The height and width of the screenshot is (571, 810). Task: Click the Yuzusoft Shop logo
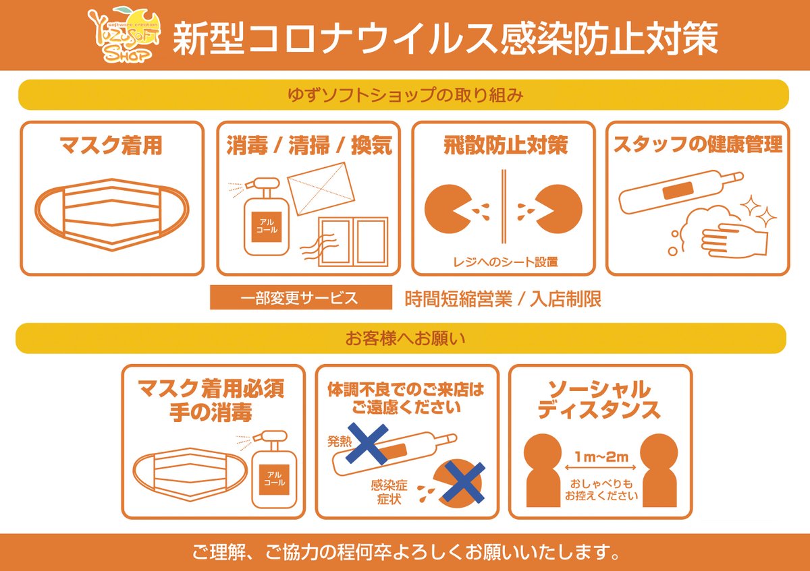pos(124,35)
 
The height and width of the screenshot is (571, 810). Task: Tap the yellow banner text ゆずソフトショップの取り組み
pos(406,95)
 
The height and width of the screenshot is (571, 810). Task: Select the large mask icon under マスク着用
pos(112,214)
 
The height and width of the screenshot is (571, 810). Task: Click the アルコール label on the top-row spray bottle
pos(267,226)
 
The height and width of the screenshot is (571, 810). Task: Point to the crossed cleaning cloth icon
pos(321,189)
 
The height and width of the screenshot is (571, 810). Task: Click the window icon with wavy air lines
pos(346,241)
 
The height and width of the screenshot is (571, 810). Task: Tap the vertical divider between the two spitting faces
pos(504,206)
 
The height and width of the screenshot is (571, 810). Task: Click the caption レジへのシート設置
pos(505,262)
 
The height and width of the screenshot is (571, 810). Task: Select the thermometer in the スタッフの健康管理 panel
pos(680,191)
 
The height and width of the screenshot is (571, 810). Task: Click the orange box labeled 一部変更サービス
pos(301,297)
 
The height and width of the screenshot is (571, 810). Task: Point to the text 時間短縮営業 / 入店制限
pos(503,299)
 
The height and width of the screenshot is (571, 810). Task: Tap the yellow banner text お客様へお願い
pos(405,338)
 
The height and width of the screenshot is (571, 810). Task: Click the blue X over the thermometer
pos(367,444)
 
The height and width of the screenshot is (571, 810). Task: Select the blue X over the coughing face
pos(464,483)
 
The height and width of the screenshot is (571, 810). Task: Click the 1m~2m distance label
pos(601,457)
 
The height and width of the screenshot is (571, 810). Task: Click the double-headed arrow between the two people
pos(600,468)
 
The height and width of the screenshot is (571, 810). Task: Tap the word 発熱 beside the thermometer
pos(339,442)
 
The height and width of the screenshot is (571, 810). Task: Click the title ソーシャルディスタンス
pos(599,400)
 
